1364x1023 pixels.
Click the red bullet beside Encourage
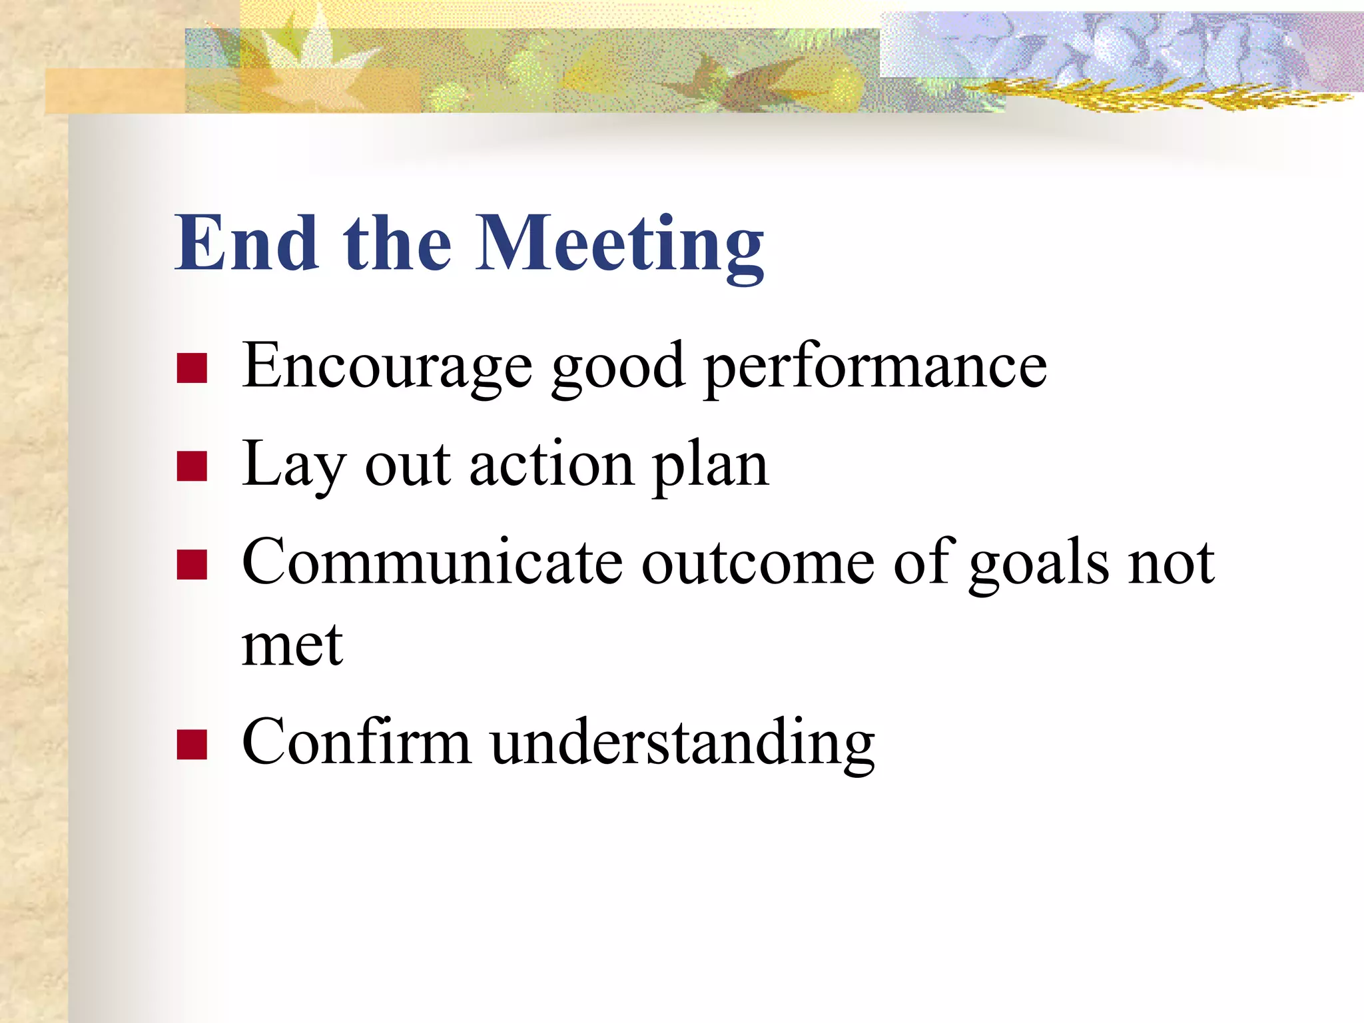coord(192,368)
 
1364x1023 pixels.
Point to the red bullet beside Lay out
coord(192,466)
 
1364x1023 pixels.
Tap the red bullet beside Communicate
coord(192,564)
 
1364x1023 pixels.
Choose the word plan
coord(711,466)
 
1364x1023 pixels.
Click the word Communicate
coord(432,563)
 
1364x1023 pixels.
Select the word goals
coord(1039,564)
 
